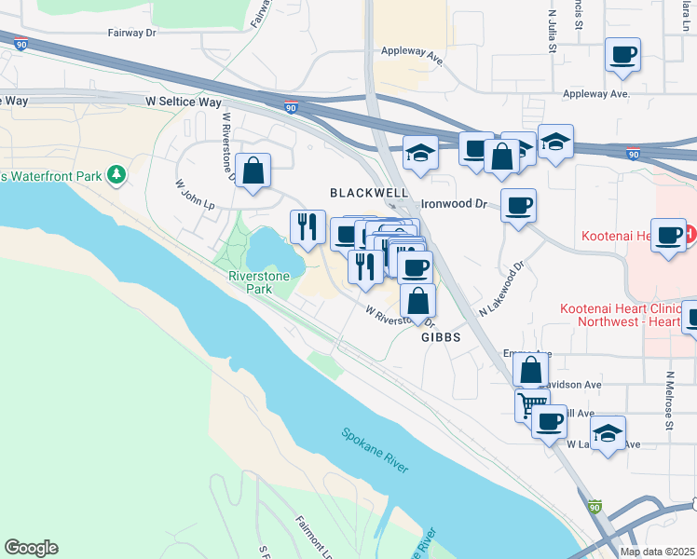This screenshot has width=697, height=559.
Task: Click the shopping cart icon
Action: pyautogui.click(x=531, y=404)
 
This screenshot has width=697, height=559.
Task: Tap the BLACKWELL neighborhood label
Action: pyautogui.click(x=369, y=193)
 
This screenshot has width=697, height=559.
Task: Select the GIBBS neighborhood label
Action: pyautogui.click(x=441, y=338)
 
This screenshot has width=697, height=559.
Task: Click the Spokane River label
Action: pyautogui.click(x=375, y=450)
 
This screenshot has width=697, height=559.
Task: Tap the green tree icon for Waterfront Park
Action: pyautogui.click(x=116, y=174)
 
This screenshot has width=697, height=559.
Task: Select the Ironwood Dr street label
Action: pyautogui.click(x=455, y=203)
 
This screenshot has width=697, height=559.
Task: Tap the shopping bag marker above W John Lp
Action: pyautogui.click(x=253, y=170)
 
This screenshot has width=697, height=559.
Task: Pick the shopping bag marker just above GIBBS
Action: pyautogui.click(x=418, y=301)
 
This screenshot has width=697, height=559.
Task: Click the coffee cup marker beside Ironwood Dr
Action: pyautogui.click(x=518, y=205)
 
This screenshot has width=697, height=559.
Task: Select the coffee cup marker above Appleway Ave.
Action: pyautogui.click(x=622, y=55)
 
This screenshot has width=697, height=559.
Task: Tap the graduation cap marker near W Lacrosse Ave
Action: pyautogui.click(x=608, y=433)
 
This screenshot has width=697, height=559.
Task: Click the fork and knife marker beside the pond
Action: pyautogui.click(x=306, y=226)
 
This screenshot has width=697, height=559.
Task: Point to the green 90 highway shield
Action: pyautogui.click(x=594, y=507)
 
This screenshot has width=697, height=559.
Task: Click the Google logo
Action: pyautogui.click(x=31, y=548)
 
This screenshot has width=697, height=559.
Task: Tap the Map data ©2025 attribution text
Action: pyautogui.click(x=657, y=552)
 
